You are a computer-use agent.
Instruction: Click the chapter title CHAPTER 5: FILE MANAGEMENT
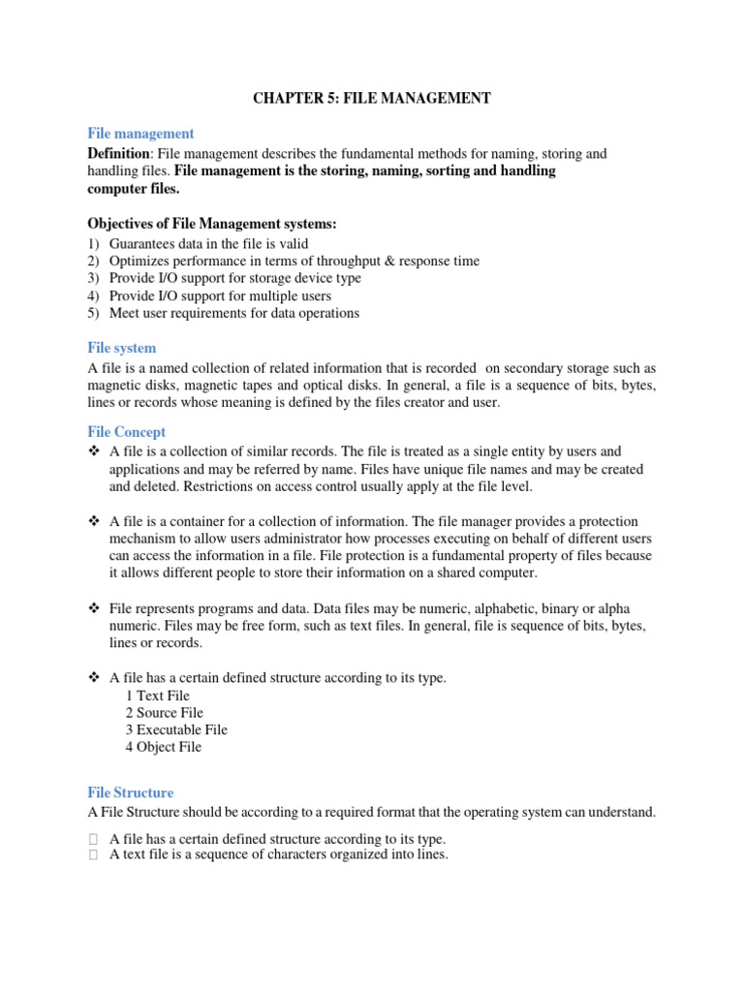point(372,98)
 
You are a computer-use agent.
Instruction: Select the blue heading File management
point(140,134)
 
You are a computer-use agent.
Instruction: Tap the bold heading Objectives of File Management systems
point(212,224)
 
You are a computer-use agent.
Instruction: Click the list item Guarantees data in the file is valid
point(208,244)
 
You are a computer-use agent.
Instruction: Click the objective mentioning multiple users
point(220,296)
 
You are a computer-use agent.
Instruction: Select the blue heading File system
point(121,348)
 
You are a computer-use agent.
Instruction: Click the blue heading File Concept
point(126,432)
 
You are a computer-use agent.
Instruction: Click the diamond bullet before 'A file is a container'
point(94,522)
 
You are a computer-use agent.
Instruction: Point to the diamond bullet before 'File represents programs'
point(94,608)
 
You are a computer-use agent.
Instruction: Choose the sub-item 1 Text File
point(157,696)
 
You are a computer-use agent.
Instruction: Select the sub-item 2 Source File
point(164,713)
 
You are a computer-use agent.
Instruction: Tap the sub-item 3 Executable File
point(176,730)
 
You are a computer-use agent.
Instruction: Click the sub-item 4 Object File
point(163,748)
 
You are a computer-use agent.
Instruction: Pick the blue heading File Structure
point(130,792)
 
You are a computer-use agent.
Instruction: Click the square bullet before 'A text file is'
point(93,855)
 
